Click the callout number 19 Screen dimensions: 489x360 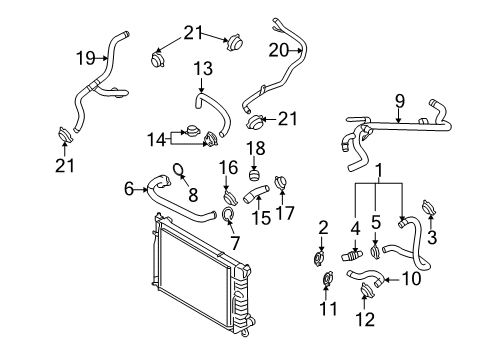[86, 58]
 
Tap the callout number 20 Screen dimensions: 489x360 [278, 50]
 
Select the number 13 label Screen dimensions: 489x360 [203, 69]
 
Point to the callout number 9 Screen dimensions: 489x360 [399, 101]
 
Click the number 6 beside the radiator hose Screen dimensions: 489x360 [129, 189]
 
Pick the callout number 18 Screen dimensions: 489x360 [256, 148]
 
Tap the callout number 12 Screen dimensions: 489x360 [365, 319]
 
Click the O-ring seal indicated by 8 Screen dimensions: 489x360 [179, 170]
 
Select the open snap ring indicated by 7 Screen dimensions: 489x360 [228, 214]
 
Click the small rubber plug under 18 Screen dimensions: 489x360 [255, 175]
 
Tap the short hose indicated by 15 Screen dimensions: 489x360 [256, 194]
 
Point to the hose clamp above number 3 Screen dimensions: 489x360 [429, 207]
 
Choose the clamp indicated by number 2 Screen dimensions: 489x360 [320, 259]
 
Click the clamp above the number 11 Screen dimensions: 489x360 [328, 279]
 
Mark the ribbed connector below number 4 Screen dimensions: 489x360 [352, 256]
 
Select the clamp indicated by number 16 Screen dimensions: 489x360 [230, 198]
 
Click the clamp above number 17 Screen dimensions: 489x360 [281, 183]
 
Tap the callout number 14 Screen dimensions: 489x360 [156, 140]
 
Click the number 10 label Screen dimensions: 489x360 [411, 279]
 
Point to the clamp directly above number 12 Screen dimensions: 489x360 [368, 289]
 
